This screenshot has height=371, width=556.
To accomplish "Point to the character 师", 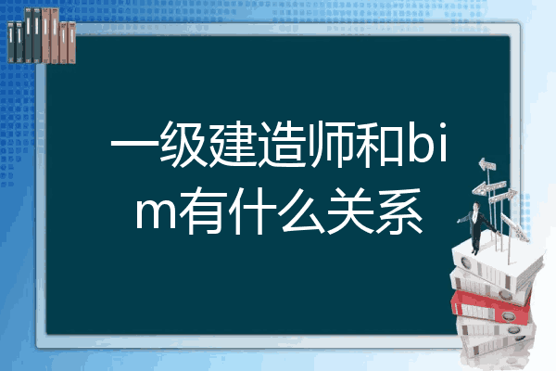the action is pyautogui.click(x=331, y=144).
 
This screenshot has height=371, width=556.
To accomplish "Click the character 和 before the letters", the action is pyautogui.click(x=380, y=144).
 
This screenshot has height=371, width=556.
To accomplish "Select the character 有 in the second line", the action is pyautogui.click(x=203, y=211).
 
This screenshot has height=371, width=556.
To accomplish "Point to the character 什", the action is pyautogui.click(x=252, y=211).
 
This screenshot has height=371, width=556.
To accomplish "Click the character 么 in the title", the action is pyautogui.click(x=301, y=211).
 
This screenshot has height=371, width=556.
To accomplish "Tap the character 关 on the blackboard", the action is pyautogui.click(x=350, y=211).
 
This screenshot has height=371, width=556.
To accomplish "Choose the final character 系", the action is pyautogui.click(x=399, y=211).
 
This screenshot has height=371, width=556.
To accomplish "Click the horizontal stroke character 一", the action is pyautogui.click(x=134, y=145).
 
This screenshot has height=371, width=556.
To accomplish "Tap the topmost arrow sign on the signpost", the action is pyautogui.click(x=487, y=165).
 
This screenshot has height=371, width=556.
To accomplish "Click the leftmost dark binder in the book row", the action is pyautogui.click(x=11, y=42).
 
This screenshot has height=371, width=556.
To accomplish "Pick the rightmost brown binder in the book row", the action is pyautogui.click(x=72, y=43).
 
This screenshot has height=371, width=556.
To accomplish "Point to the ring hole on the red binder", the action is pyautogui.click(x=508, y=315).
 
